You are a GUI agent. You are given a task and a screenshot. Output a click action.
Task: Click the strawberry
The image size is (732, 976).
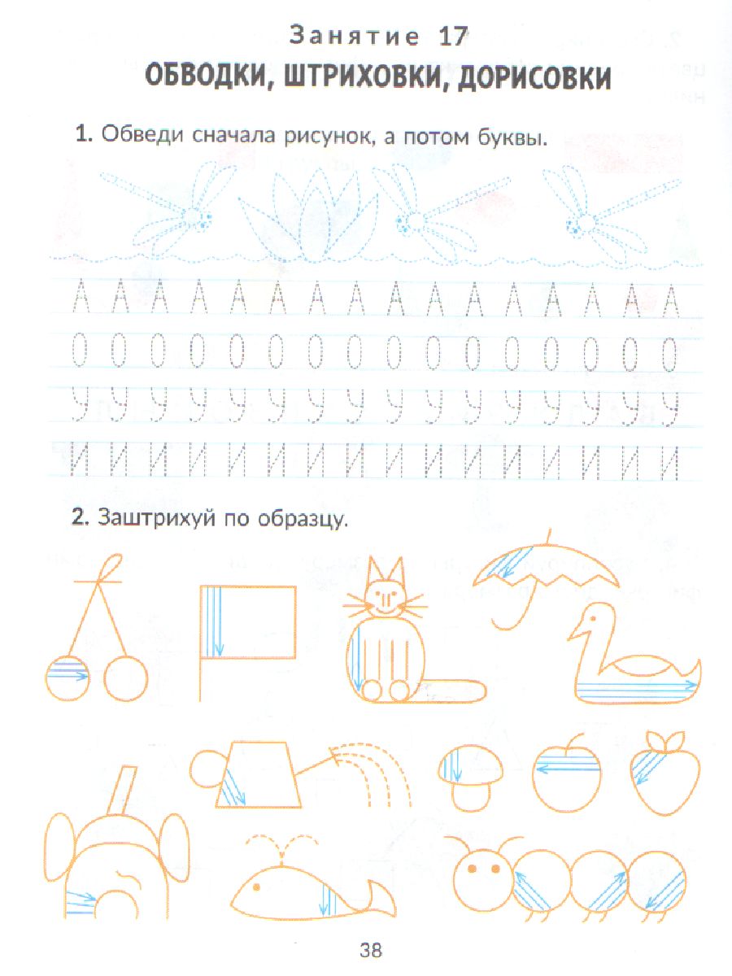click(664, 773)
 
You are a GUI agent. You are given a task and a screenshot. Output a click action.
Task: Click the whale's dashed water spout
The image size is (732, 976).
click(282, 846)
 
